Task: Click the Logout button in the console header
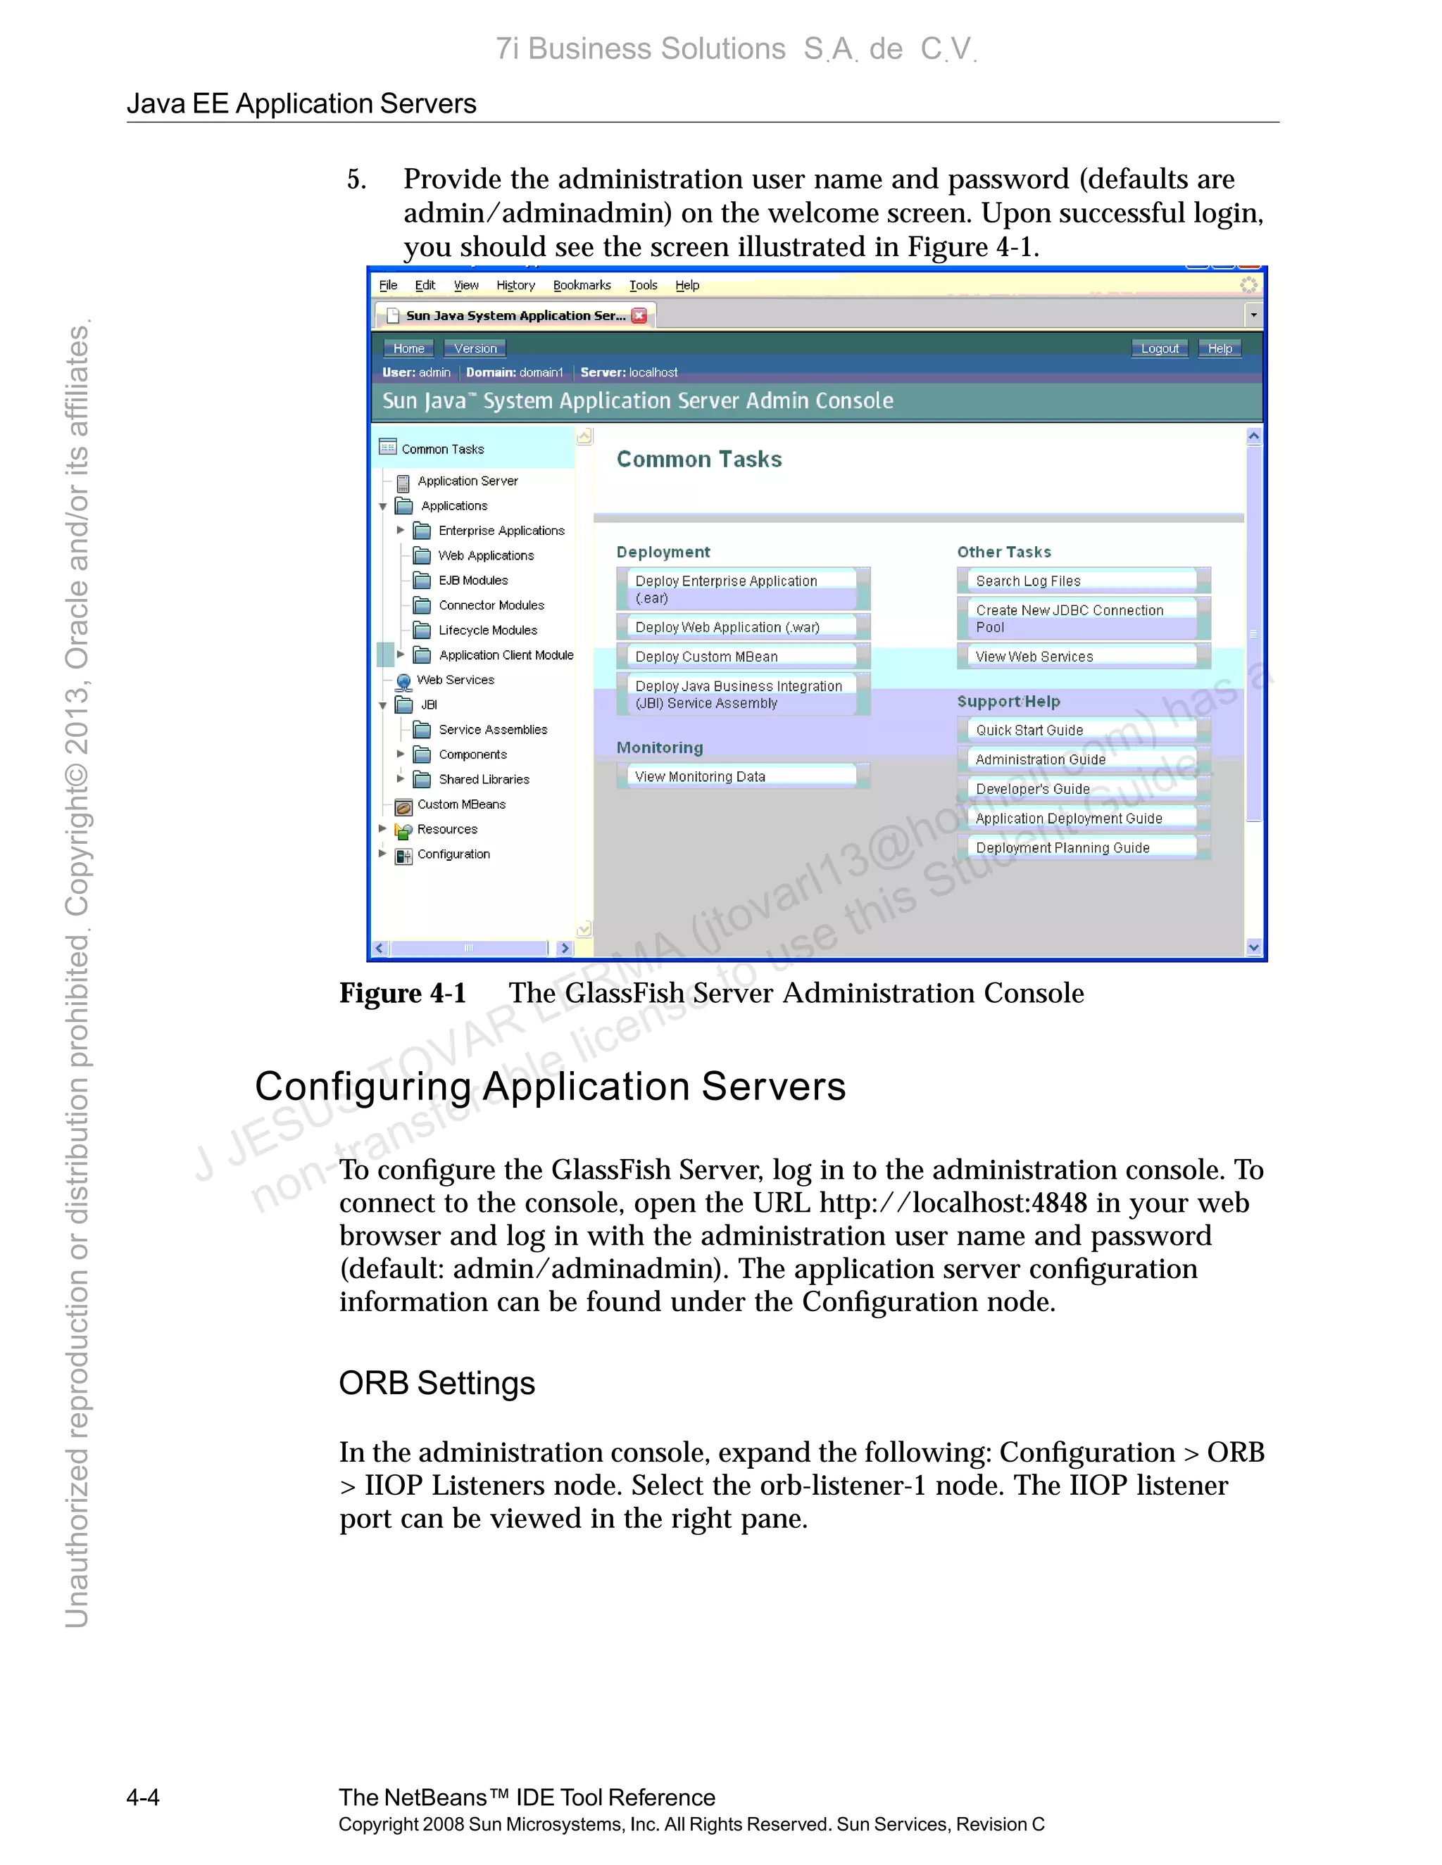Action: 1159,348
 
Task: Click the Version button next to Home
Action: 475,348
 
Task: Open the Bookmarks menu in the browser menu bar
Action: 582,285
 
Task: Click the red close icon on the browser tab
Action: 639,315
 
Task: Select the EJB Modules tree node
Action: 472,581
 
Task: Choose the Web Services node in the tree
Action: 454,680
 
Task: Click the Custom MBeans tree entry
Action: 460,804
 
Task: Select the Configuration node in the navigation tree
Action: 453,854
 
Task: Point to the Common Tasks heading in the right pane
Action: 698,460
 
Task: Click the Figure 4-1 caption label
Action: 402,994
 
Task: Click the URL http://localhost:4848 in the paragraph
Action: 953,1203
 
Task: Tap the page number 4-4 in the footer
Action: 143,1797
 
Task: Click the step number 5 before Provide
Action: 356,180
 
